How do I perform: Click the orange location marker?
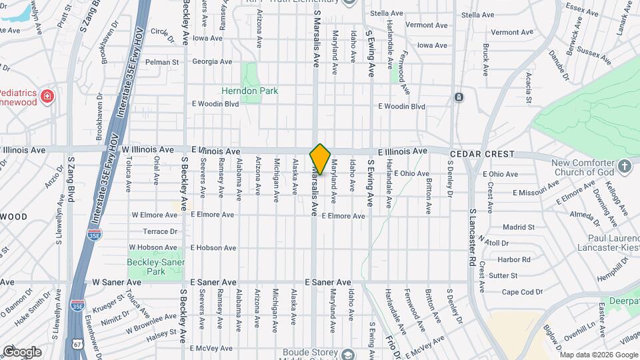tap(320, 159)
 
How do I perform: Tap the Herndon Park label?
tap(250, 91)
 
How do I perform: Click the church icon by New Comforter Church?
tap(624, 165)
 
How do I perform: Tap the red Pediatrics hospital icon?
tap(47, 97)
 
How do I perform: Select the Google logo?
tap(22, 351)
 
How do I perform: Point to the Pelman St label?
tap(163, 62)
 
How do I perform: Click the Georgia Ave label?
tap(212, 61)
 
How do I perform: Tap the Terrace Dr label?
tap(160, 231)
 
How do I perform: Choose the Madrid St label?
tap(519, 227)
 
